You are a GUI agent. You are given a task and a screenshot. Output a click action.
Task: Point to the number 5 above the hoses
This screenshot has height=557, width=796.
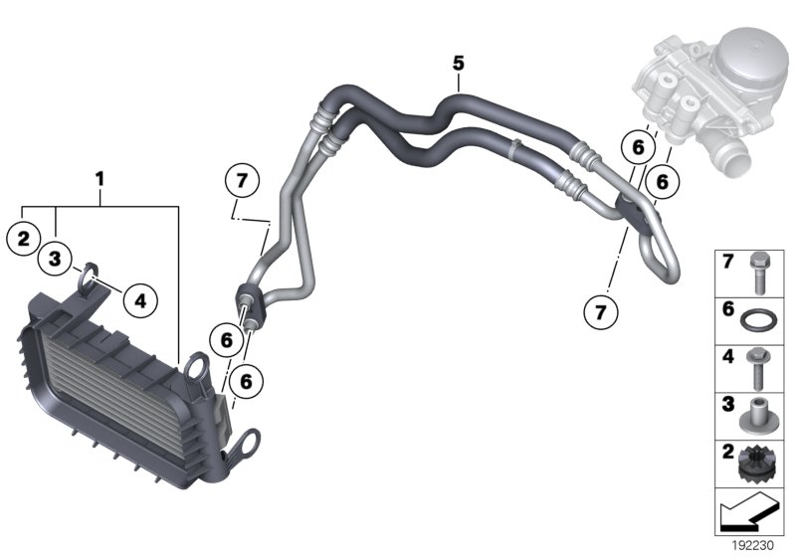tap(458, 62)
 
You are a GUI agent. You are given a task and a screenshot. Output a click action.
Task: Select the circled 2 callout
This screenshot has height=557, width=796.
tap(23, 237)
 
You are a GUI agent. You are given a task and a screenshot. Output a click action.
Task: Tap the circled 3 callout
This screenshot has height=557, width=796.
tap(57, 260)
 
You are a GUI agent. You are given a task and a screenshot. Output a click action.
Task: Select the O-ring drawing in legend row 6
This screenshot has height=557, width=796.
tap(758, 321)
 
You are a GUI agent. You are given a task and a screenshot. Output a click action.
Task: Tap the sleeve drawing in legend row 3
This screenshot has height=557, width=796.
tap(758, 415)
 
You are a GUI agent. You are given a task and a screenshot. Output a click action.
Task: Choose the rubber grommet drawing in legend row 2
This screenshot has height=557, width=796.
tap(758, 462)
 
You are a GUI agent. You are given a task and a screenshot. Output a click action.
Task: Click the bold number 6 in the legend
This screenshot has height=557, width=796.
tap(728, 310)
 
